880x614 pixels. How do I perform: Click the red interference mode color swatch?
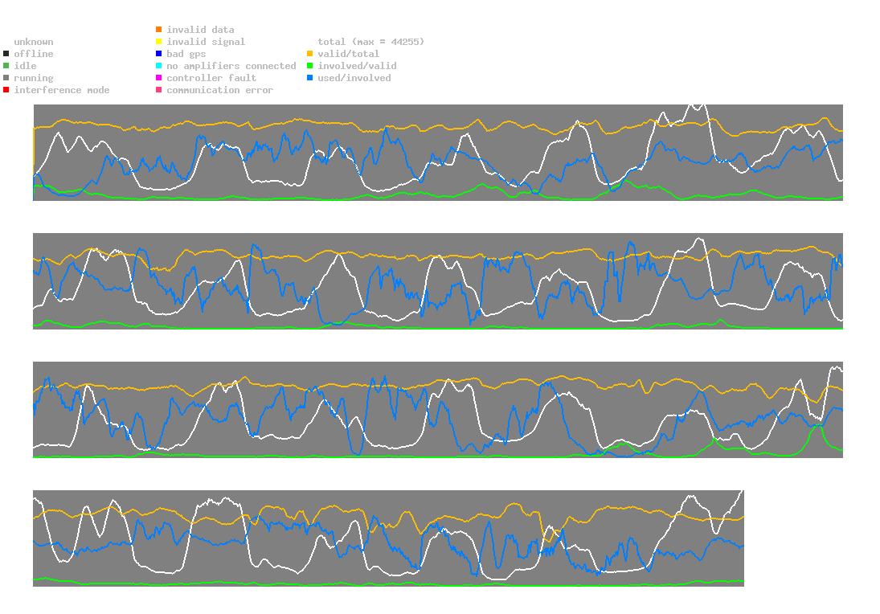6,90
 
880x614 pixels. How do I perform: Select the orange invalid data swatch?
159,30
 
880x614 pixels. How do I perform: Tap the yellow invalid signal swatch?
159,42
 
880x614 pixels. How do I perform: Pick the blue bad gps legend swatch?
159,54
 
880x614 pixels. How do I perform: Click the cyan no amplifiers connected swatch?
159,66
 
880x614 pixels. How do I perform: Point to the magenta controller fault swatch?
159,78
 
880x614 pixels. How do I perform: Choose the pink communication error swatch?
159,90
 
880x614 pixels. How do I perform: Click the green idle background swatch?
6,66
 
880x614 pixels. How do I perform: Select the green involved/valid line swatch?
310,66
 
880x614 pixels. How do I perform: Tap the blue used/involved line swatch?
310,78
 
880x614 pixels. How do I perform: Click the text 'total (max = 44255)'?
370,42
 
